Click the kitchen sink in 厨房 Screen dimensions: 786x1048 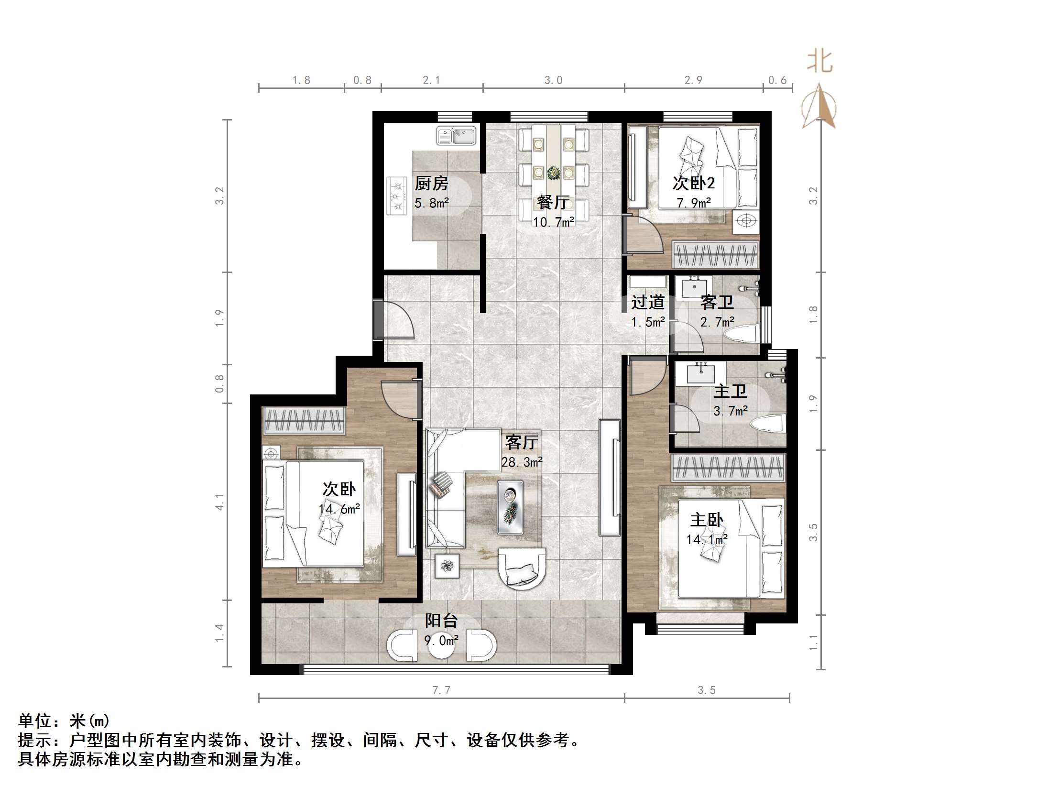click(456, 136)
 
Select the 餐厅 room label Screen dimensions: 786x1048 click(553, 202)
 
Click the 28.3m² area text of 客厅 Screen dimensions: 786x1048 click(522, 462)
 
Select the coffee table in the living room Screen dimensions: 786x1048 click(510, 507)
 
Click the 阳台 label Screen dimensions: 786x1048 click(441, 621)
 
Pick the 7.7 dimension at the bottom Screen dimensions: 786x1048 click(441, 690)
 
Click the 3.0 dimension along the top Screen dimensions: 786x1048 click(553, 80)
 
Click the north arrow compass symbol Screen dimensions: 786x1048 click(819, 108)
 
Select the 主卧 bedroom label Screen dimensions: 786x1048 click(707, 520)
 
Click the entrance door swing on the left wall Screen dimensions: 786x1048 click(394, 320)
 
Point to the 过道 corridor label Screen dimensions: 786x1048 click(647, 302)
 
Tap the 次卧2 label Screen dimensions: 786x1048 click(693, 183)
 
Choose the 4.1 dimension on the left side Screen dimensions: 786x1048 click(219, 502)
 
